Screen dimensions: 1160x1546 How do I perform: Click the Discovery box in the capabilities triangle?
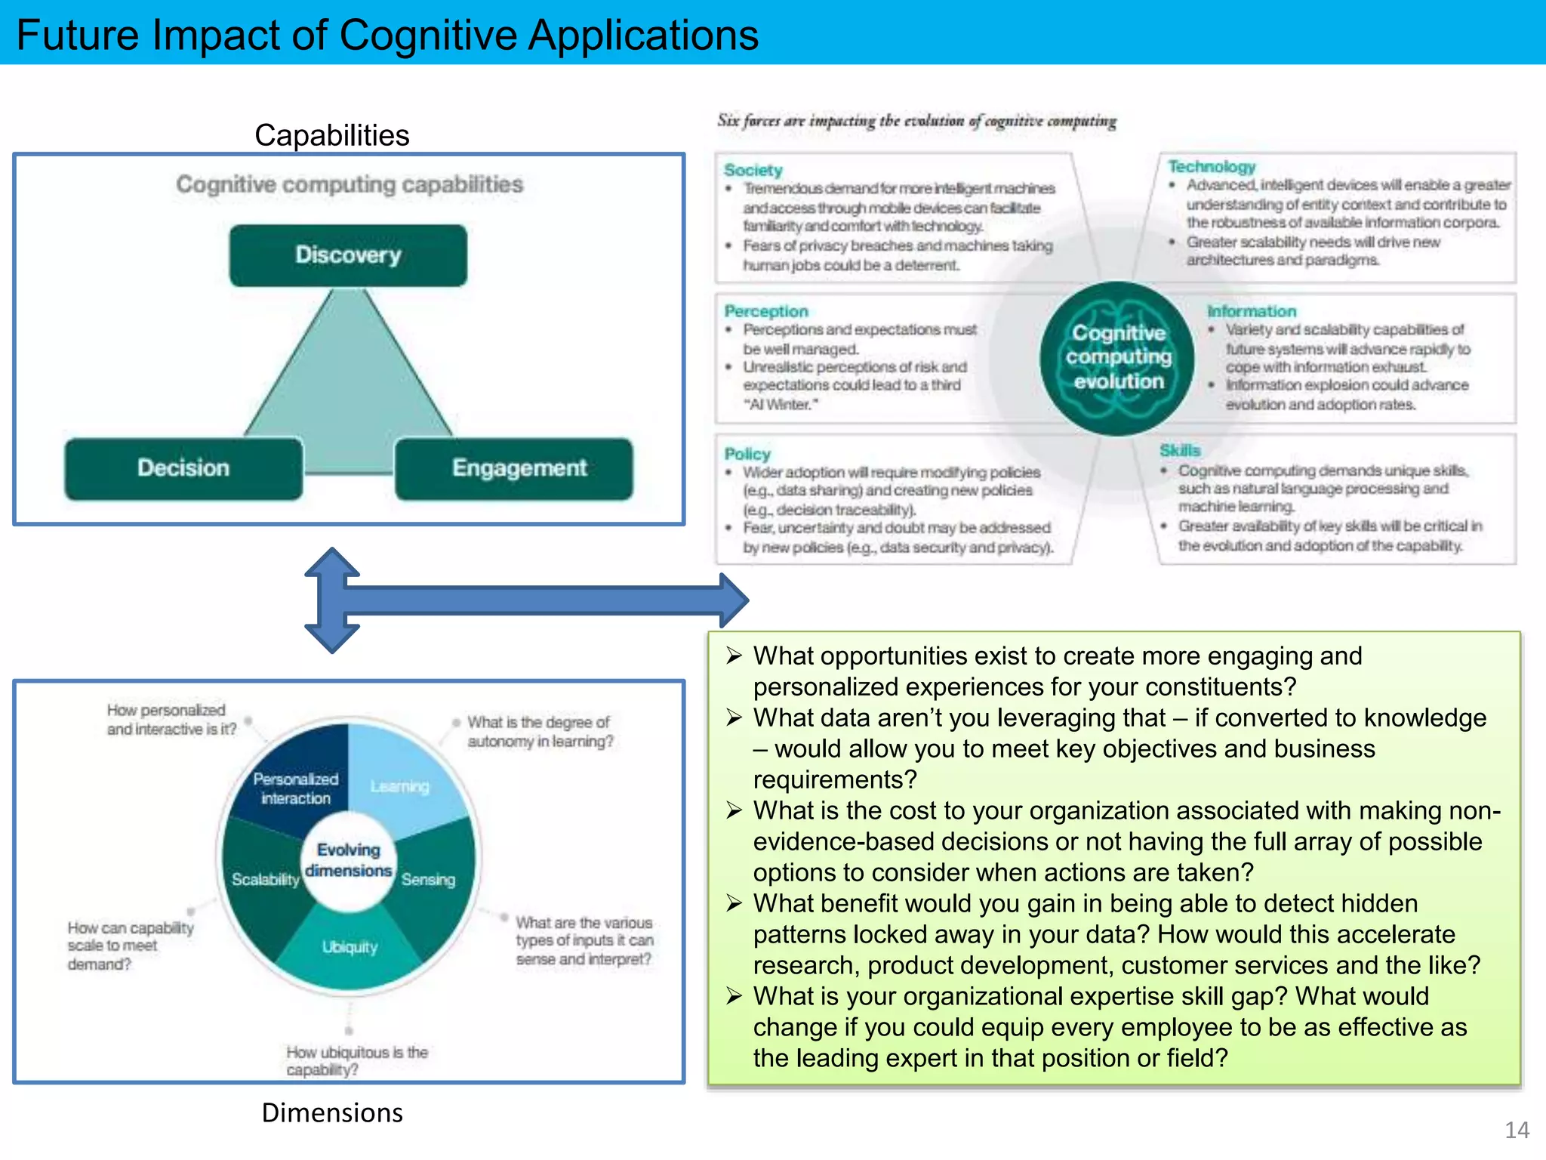tap(348, 255)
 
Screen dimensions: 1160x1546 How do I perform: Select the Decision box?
tap(183, 468)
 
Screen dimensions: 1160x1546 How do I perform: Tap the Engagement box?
tap(519, 468)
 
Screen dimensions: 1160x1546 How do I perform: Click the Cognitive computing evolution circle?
tap(1118, 358)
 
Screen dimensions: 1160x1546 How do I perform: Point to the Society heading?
tap(753, 170)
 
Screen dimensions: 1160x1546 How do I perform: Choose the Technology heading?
tap(1212, 166)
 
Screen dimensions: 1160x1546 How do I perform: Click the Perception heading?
tap(765, 311)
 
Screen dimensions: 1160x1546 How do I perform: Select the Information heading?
tap(1251, 311)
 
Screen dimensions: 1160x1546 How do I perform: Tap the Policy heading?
tap(747, 454)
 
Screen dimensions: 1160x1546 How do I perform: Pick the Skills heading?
tap(1180, 451)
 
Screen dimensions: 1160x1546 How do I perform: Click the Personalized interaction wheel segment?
tap(296, 788)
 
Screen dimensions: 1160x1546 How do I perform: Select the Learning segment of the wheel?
tap(400, 786)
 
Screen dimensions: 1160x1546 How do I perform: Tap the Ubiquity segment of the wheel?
tap(350, 947)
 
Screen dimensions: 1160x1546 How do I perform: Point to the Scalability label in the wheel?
tap(265, 880)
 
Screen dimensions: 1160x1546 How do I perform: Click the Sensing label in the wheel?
tap(429, 880)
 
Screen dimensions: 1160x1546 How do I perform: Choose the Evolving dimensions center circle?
tap(349, 860)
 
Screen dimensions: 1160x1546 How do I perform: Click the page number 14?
tap(1517, 1130)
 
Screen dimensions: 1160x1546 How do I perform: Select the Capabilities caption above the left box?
tap(332, 135)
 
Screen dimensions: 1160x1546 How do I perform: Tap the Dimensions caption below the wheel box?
tap(332, 1112)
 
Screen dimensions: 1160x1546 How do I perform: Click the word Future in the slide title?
tap(78, 35)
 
